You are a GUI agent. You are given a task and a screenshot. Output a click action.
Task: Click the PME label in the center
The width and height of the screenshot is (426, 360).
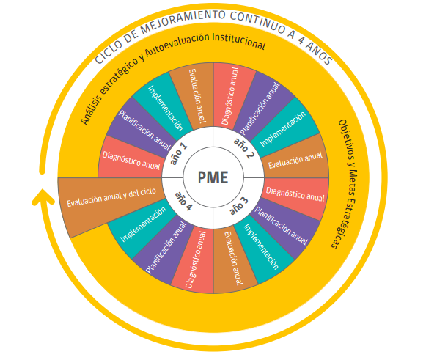point(213,177)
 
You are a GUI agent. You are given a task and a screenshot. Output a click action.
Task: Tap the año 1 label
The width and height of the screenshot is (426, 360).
point(178,154)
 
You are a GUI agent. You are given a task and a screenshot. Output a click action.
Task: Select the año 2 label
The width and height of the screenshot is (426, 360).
point(244,148)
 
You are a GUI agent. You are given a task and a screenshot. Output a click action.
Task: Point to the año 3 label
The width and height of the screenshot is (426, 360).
point(239,206)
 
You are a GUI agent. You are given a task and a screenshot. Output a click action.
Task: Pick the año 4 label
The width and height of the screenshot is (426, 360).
point(183,202)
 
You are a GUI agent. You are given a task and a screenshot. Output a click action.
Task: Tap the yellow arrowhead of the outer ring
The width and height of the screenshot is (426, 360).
point(43,197)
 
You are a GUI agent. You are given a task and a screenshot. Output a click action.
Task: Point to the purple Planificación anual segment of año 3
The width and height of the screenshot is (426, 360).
point(282,226)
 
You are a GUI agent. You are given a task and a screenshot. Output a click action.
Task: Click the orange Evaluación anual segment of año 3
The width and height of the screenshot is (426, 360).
point(234,259)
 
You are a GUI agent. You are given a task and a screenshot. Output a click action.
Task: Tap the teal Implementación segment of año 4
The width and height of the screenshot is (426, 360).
point(143,224)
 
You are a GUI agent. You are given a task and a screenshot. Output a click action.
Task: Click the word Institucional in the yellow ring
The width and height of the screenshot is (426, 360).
point(238,40)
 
